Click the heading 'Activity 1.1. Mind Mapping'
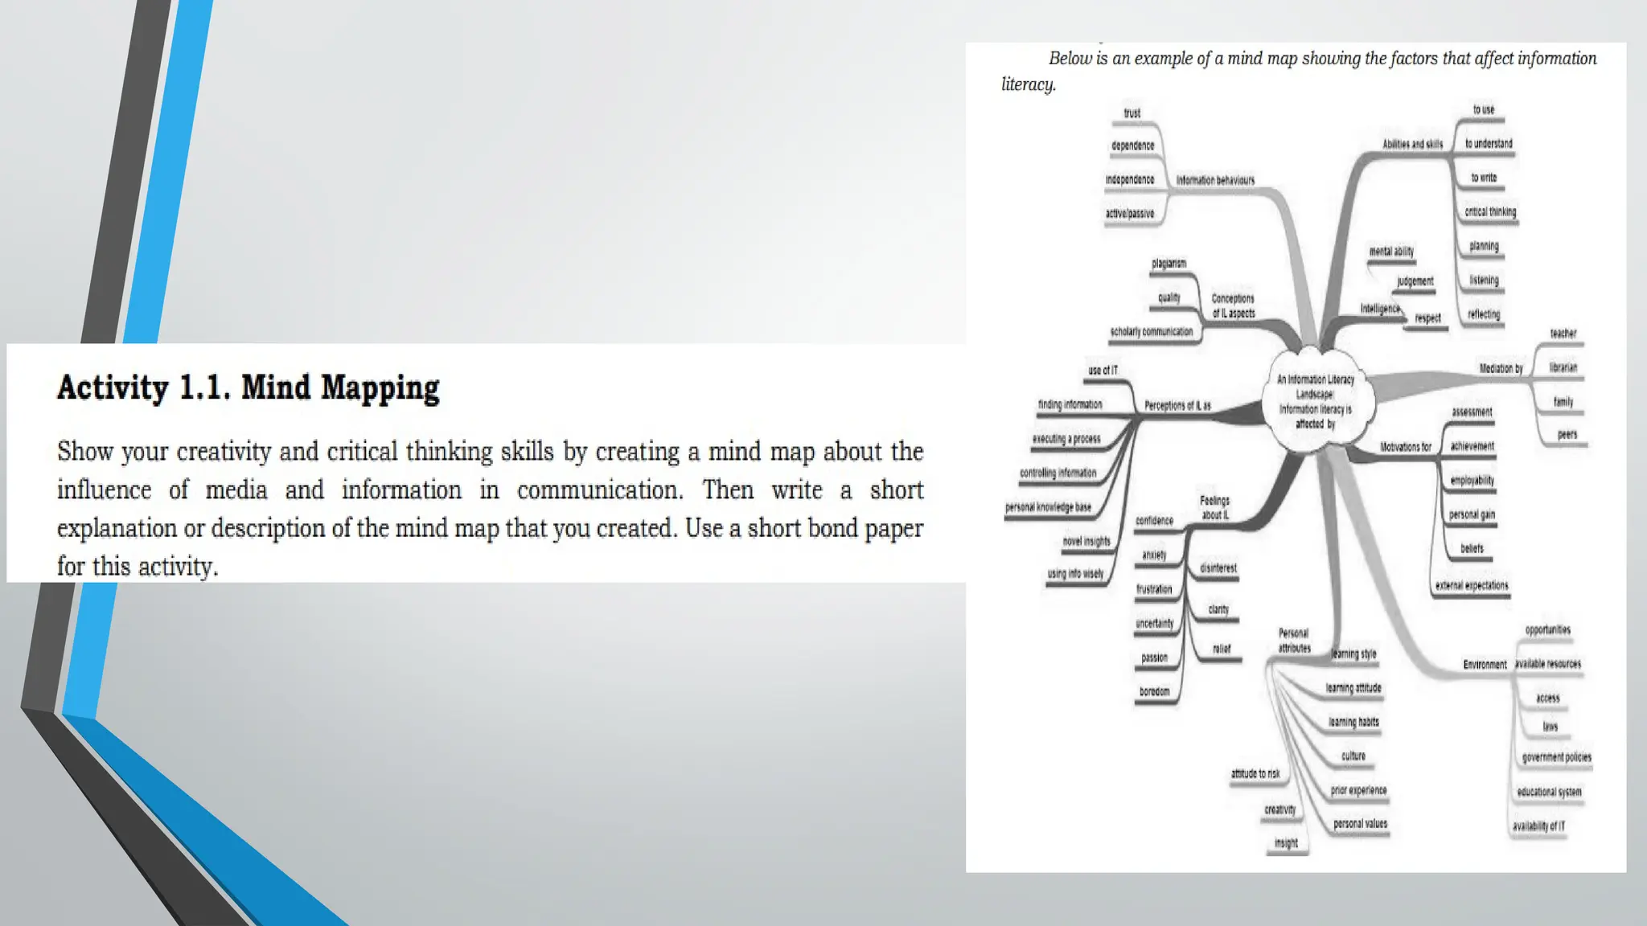click(x=248, y=387)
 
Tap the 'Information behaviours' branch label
click(x=1215, y=180)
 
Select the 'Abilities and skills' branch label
click(x=1412, y=145)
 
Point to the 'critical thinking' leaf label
click(x=1490, y=212)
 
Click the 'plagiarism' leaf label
click(x=1169, y=264)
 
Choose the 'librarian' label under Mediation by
click(x=1563, y=367)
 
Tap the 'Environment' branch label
click(x=1485, y=665)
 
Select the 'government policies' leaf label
click(x=1556, y=757)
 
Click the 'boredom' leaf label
click(x=1154, y=691)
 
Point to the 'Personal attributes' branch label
click(x=1294, y=641)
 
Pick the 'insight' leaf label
click(x=1286, y=843)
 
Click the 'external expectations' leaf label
click(x=1472, y=585)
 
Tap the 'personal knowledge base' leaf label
click(x=1048, y=507)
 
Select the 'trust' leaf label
click(x=1132, y=113)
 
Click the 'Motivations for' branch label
click(x=1406, y=447)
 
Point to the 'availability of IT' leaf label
click(x=1538, y=826)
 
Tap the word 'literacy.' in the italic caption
click(x=1028, y=84)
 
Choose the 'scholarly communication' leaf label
click(x=1152, y=332)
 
